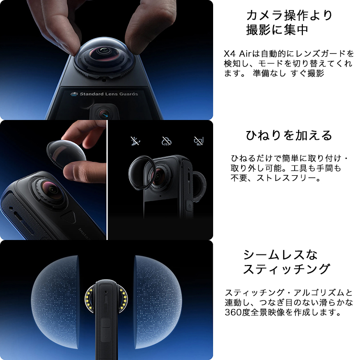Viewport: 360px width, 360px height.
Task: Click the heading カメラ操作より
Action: click(289, 16)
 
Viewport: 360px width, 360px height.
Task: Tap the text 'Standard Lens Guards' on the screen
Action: click(109, 94)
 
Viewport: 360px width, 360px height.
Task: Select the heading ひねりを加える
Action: click(289, 135)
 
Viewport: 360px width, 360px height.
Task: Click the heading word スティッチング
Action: click(287, 269)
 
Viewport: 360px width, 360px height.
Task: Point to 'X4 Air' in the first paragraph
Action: click(238, 54)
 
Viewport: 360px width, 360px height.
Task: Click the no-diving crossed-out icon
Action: click(135, 141)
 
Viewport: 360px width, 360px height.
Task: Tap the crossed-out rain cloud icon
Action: click(167, 141)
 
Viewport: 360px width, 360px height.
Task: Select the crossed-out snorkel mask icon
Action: click(199, 141)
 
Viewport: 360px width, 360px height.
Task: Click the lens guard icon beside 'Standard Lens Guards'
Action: click(74, 94)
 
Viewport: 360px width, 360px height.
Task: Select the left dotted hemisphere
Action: click(55, 301)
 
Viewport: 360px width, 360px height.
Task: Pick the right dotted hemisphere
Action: click(158, 301)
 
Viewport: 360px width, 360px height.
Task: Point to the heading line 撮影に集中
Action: click(277, 30)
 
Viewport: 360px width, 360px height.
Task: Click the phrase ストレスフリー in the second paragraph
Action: click(286, 178)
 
